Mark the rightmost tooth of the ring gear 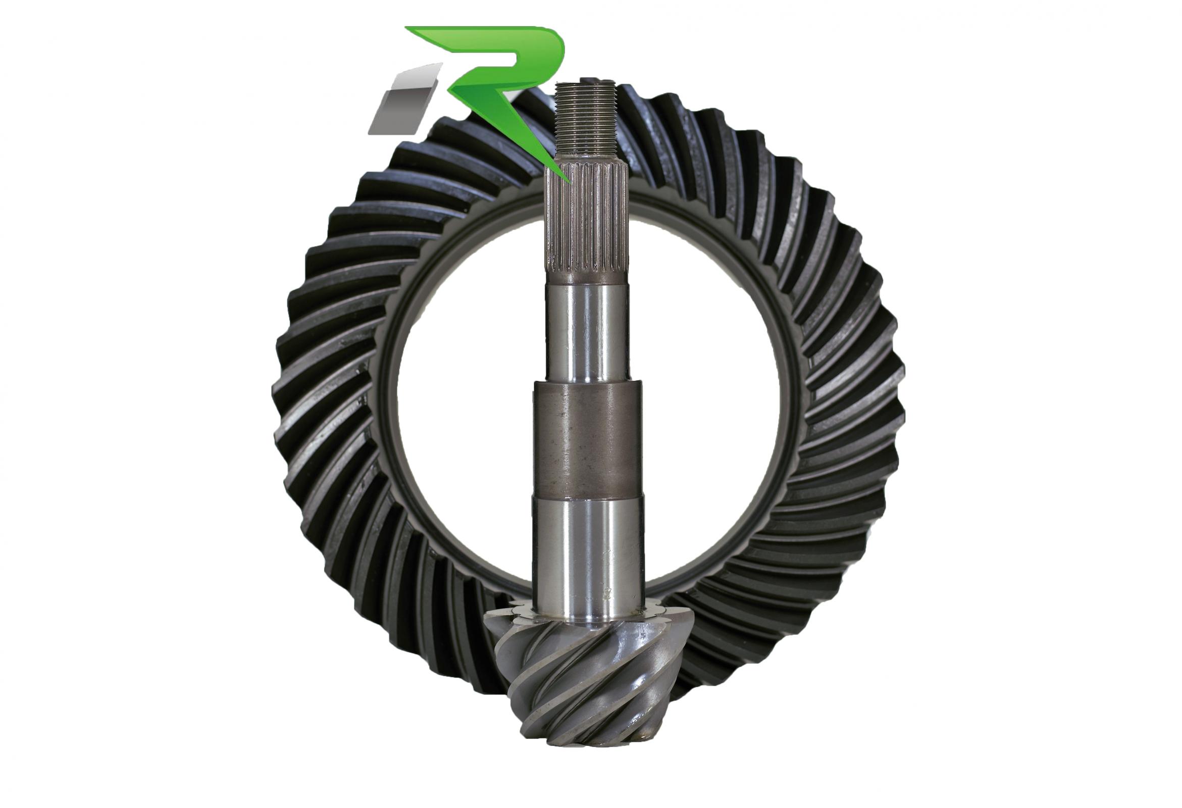click(x=898, y=387)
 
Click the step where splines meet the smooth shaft click(x=586, y=279)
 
